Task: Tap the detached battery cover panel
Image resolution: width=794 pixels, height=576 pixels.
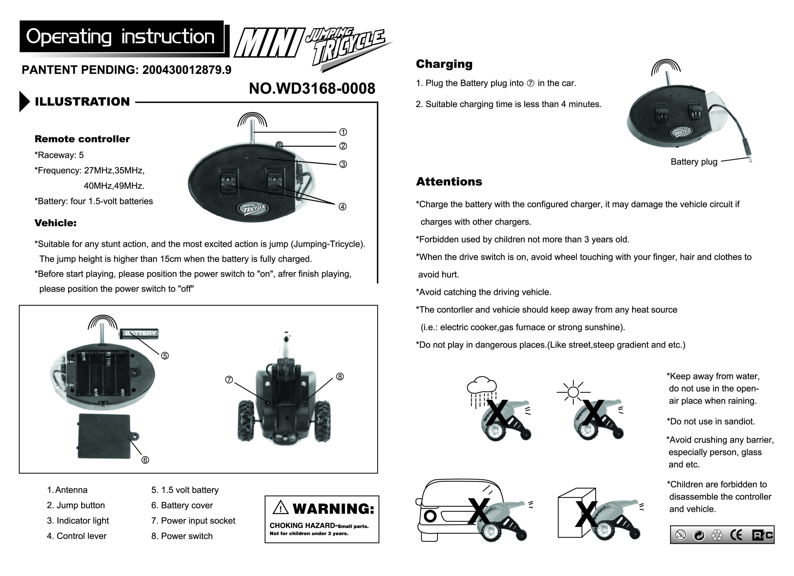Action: pos(104,436)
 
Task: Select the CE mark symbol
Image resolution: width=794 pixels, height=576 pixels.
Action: pos(736,535)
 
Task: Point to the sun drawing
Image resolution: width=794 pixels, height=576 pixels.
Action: pos(573,392)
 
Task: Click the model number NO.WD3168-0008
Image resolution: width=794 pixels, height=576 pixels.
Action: pos(312,88)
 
